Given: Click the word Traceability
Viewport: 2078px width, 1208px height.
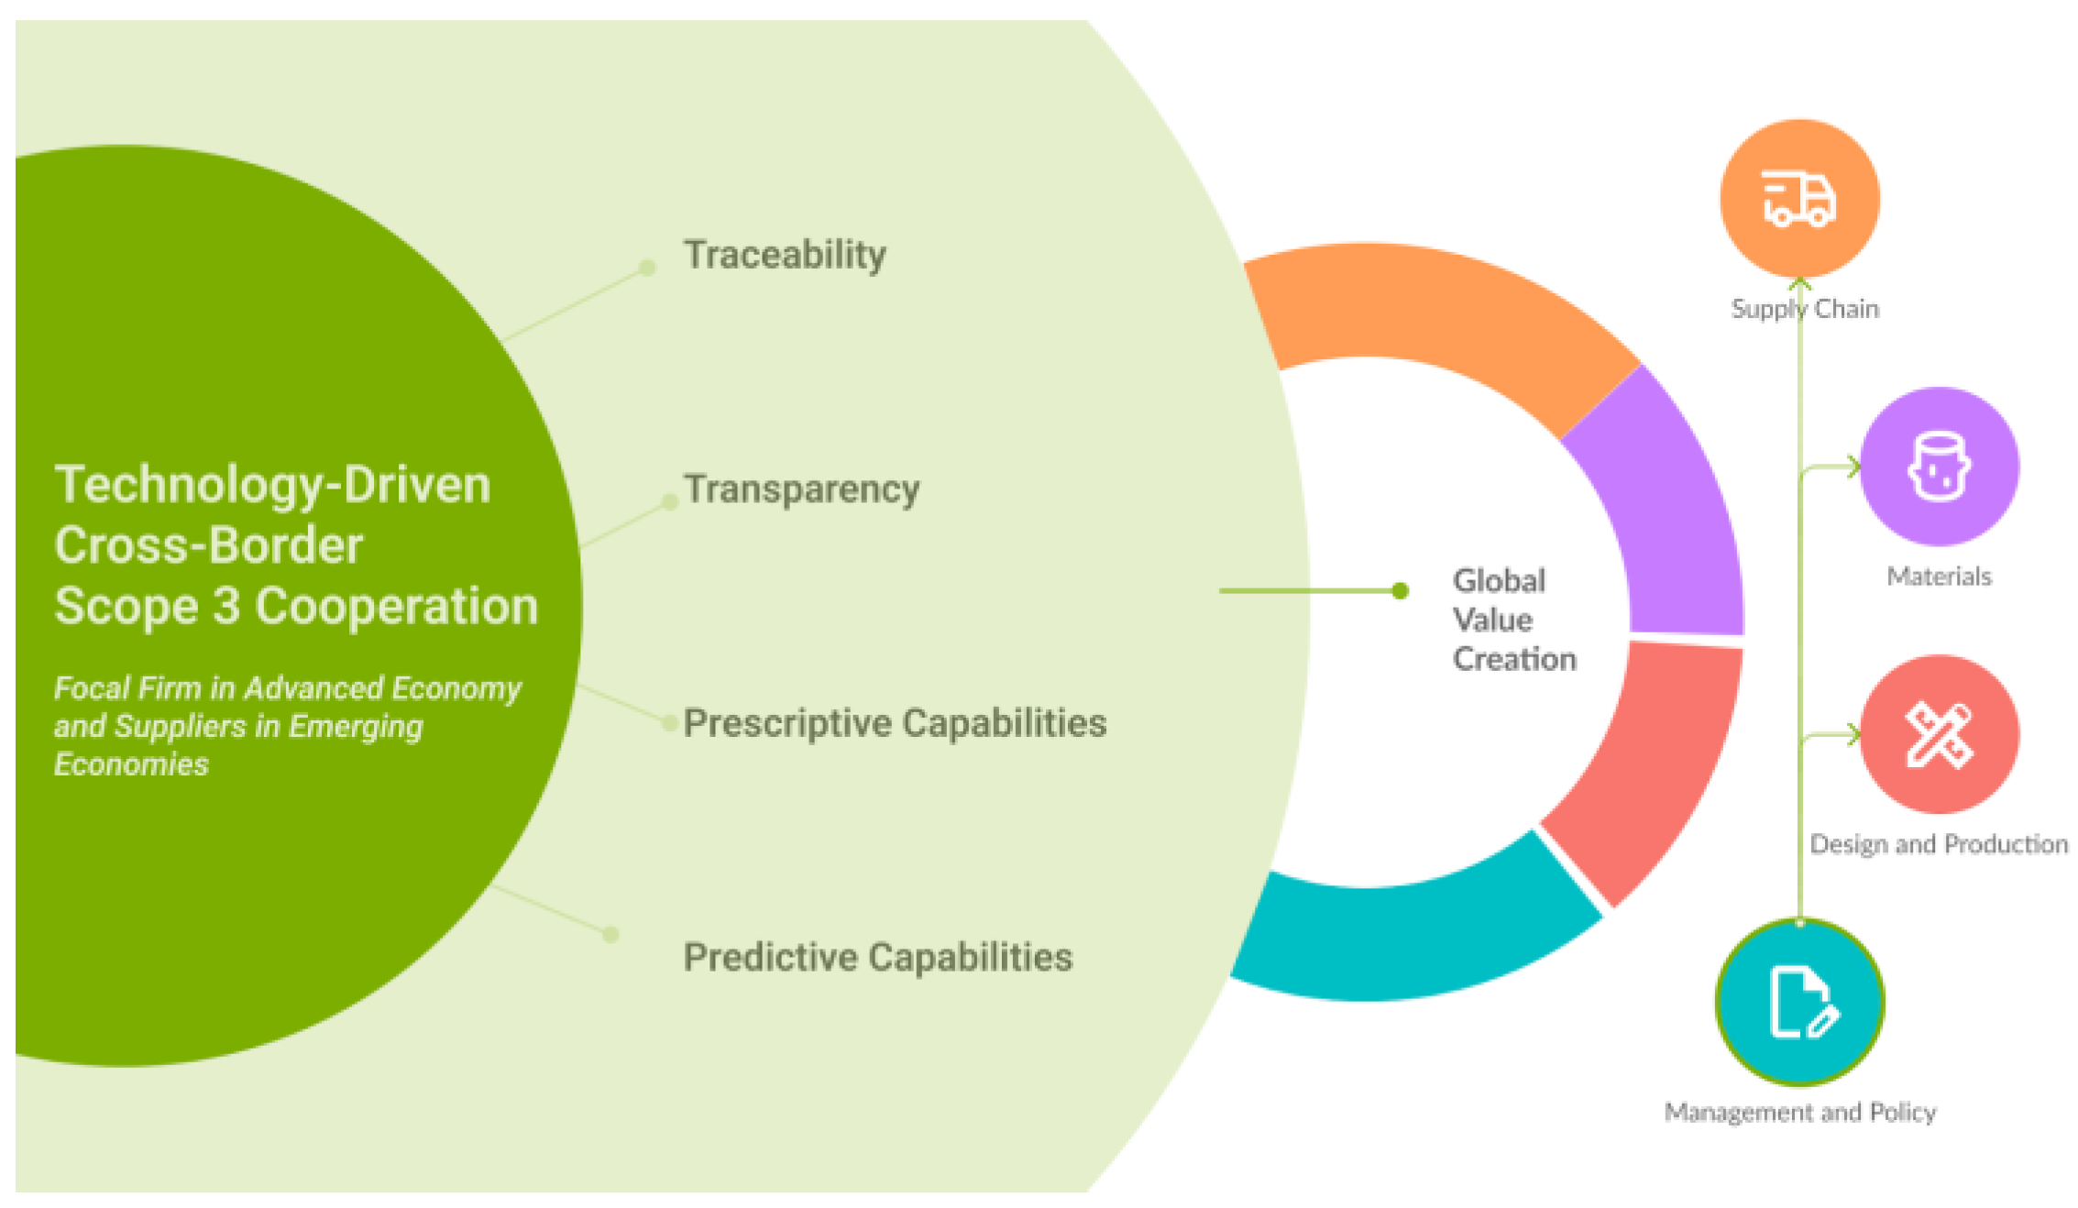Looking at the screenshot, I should coord(785,255).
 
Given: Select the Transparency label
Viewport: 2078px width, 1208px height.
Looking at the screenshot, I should coord(801,489).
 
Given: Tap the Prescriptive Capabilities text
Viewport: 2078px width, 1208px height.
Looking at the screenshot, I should coord(895,723).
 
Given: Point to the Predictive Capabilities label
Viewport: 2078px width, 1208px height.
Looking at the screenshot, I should coord(877,957).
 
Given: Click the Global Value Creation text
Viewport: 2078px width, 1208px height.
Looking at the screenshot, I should coord(1512,620).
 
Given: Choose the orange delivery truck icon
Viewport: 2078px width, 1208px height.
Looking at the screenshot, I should coord(1799,198).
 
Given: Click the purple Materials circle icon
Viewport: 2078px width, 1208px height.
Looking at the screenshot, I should coord(1939,467).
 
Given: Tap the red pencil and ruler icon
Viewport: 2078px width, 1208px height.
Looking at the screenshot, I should coord(1939,734).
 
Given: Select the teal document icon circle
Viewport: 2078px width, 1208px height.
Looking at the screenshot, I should coord(1799,1003).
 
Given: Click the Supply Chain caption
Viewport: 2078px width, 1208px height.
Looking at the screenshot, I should coord(1804,309).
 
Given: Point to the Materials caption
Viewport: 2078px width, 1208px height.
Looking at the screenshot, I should coord(1939,577).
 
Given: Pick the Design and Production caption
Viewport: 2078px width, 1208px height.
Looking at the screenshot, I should coord(1938,844).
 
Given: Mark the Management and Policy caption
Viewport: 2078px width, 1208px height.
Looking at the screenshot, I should coord(1799,1112).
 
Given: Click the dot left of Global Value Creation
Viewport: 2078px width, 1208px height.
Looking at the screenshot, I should coord(1400,591).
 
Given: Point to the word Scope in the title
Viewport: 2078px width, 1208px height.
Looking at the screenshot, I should coord(126,607).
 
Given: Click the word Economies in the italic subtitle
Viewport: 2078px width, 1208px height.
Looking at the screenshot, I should coord(131,764).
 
